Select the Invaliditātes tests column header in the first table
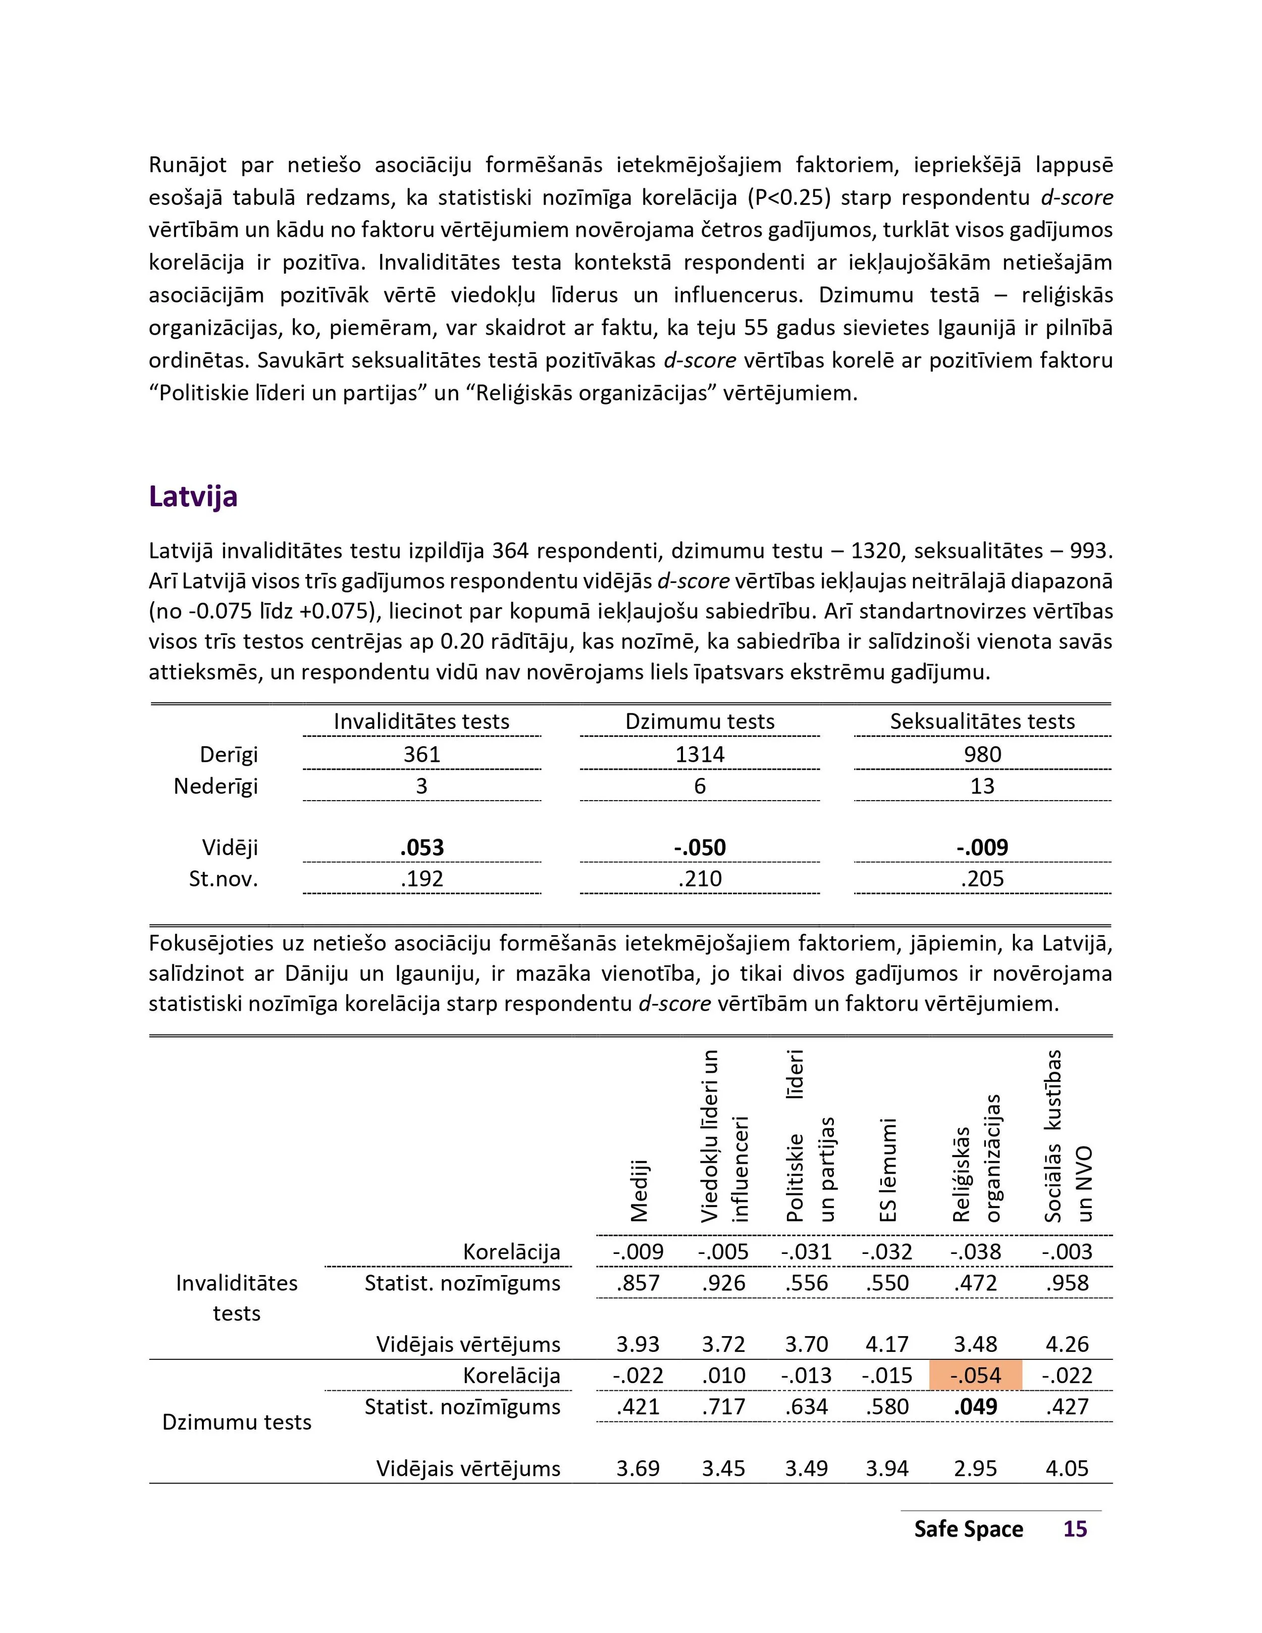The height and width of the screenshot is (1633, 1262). pyautogui.click(x=421, y=721)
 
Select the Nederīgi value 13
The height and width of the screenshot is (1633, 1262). pyautogui.click(x=982, y=786)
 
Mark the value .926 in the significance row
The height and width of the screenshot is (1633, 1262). pyautogui.click(x=724, y=1283)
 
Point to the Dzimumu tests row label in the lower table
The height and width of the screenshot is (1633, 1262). pyautogui.click(x=236, y=1421)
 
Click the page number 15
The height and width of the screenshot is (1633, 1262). pyautogui.click(x=1075, y=1529)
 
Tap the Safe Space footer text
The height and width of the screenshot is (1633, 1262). pyautogui.click(x=968, y=1529)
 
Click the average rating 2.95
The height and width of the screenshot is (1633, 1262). pyautogui.click(x=976, y=1468)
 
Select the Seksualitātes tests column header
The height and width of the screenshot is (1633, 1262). pyautogui.click(x=982, y=721)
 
